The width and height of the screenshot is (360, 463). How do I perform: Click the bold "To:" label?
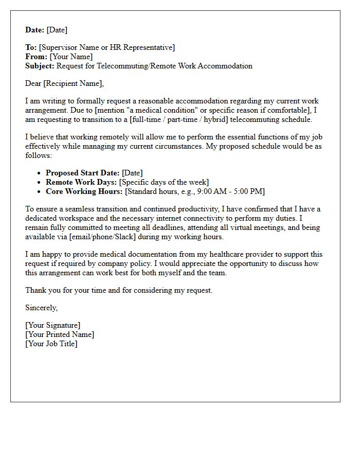[x=31, y=48]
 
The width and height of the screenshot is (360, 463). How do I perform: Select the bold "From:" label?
[x=36, y=57]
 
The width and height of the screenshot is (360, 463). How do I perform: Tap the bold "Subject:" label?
[x=40, y=66]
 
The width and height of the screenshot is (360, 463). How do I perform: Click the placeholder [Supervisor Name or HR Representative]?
[x=107, y=48]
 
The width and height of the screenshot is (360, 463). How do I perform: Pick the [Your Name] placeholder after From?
[x=71, y=57]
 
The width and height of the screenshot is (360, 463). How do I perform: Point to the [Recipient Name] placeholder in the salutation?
[x=74, y=83]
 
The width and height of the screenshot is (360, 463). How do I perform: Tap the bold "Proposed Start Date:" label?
[x=82, y=173]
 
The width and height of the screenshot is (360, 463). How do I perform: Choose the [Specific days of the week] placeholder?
[x=165, y=182]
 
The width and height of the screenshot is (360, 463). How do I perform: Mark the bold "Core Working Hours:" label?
[x=84, y=191]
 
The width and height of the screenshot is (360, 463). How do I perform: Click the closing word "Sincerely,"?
[x=42, y=308]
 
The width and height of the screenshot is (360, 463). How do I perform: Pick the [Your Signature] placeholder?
[x=52, y=325]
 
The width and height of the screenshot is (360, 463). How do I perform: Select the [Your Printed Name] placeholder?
[x=60, y=334]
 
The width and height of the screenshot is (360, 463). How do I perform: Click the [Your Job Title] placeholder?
[x=51, y=344]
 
